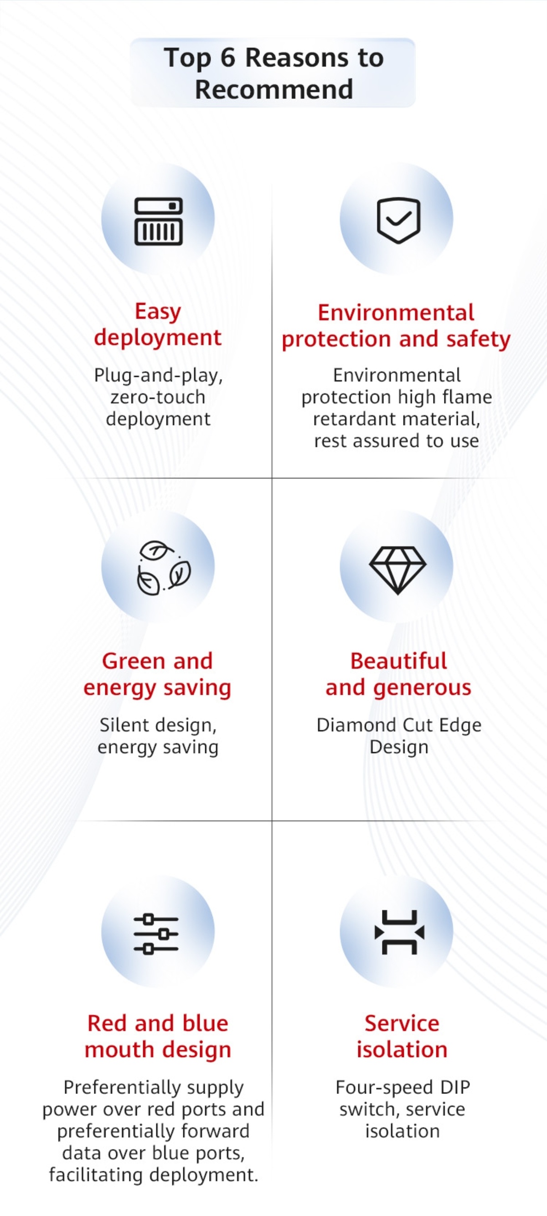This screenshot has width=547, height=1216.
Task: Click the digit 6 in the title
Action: coord(227,58)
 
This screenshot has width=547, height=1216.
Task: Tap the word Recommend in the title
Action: coord(274,89)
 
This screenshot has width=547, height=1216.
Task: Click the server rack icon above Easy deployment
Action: coord(158,221)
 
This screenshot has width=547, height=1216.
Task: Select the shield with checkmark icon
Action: coord(398,220)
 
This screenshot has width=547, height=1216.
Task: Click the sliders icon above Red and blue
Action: coord(156,934)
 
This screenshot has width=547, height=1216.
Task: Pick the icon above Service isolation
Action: coord(399,932)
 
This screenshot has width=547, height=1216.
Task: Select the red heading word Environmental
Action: coord(396,313)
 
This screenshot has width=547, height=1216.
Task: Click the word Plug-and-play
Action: coord(158,376)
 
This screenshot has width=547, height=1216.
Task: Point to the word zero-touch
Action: coord(158,397)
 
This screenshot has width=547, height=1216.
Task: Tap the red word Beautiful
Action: coord(399,661)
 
